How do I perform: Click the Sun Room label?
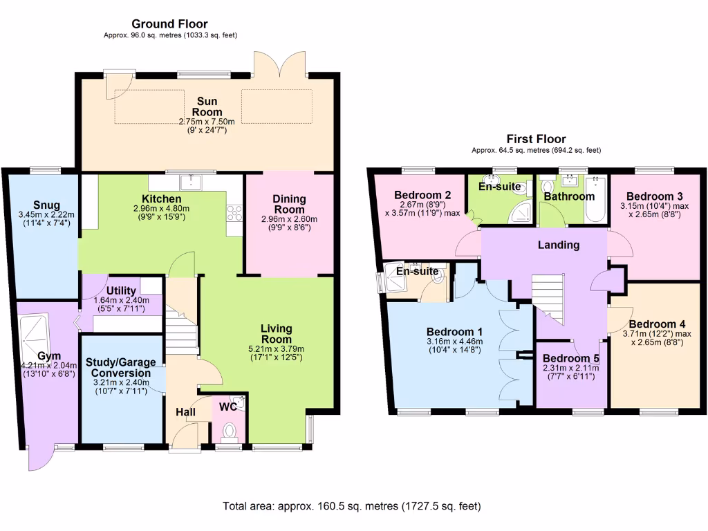tap(207, 106)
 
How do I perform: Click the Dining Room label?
tap(289, 204)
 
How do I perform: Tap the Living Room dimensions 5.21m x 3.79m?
tap(277, 349)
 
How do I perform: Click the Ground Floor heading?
tap(169, 24)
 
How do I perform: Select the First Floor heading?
tap(536, 139)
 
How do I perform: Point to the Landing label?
tap(559, 245)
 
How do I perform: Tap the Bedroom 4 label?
tap(658, 324)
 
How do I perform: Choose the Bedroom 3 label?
tap(655, 196)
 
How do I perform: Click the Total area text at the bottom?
tap(351, 506)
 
